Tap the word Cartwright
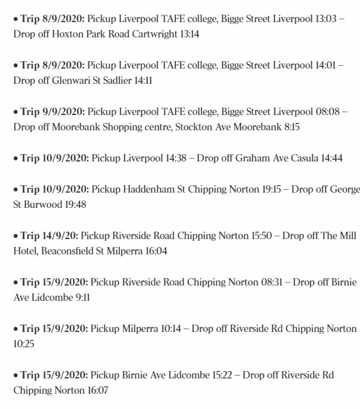coord(151,34)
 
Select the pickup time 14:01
coord(327,65)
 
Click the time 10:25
coord(24,344)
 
